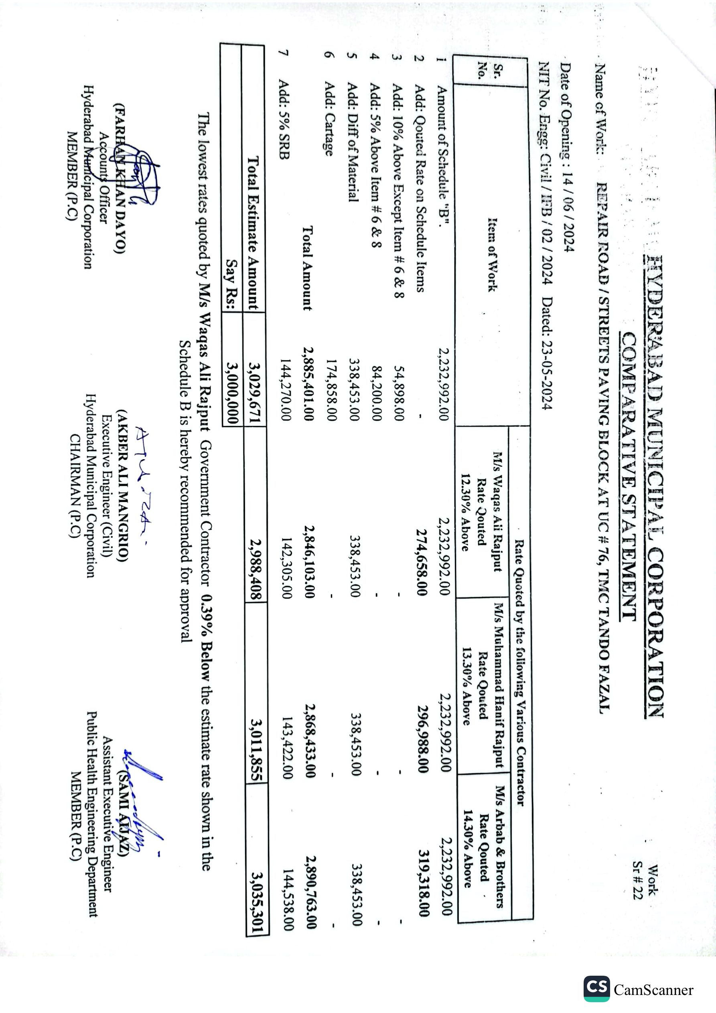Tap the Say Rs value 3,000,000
[232, 392]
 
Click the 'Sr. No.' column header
[491, 71]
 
